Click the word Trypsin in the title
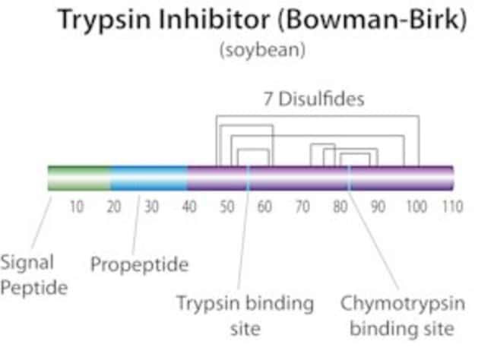click(x=104, y=21)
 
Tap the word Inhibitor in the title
click(x=214, y=19)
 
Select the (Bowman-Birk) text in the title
click(x=372, y=20)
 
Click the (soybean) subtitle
click(x=262, y=50)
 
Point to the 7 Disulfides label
click(x=314, y=99)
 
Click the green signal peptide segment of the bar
click(x=79, y=178)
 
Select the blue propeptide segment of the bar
click(x=149, y=178)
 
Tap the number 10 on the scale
click(x=77, y=207)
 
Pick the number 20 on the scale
click(x=114, y=207)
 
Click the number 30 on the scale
click(x=151, y=207)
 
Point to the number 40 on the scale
click(x=189, y=207)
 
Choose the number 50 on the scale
click(x=227, y=207)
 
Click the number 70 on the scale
click(x=302, y=207)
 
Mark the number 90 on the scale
click(x=378, y=207)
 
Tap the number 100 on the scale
click(x=416, y=207)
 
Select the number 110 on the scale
click(x=453, y=207)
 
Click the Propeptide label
click(x=140, y=264)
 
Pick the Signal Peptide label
click(x=33, y=275)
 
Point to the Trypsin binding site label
click(x=245, y=316)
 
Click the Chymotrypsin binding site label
click(x=403, y=316)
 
